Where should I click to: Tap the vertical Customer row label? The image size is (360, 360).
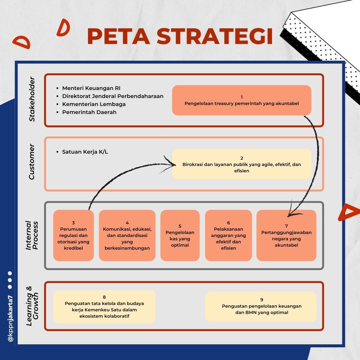click(x=32, y=162)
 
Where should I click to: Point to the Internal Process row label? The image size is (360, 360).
click(x=32, y=235)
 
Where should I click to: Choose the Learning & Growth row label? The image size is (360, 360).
click(x=32, y=305)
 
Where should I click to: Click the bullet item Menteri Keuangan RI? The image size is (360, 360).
click(x=91, y=88)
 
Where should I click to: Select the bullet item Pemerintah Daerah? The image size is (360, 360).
click(x=89, y=112)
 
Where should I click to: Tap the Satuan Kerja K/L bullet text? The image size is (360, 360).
click(x=85, y=152)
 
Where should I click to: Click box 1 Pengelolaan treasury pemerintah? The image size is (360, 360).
click(x=242, y=100)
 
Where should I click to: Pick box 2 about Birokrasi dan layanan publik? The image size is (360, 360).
click(x=242, y=164)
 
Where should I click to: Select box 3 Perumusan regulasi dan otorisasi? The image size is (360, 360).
click(x=73, y=235)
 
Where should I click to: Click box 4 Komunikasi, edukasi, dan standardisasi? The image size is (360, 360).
click(x=127, y=235)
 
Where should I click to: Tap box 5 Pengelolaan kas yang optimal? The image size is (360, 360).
click(x=180, y=235)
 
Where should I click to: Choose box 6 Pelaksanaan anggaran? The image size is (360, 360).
click(x=228, y=235)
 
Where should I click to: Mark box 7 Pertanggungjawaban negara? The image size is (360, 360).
click(x=286, y=235)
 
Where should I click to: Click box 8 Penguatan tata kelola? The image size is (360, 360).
click(x=104, y=307)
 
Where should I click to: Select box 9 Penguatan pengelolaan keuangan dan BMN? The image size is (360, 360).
click(x=261, y=307)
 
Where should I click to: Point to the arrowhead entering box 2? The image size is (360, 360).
click(x=173, y=164)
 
